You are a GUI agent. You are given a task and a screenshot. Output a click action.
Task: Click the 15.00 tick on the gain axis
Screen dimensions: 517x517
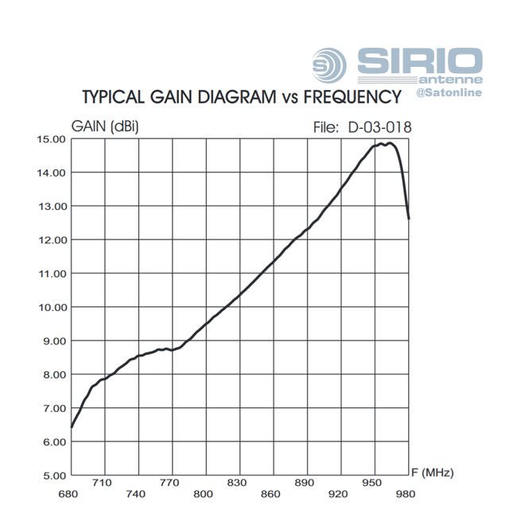pyautogui.click(x=51, y=139)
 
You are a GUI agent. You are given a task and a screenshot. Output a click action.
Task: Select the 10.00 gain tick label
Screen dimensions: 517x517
pyautogui.click(x=51, y=307)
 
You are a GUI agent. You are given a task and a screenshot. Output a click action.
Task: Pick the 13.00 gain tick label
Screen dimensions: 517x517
pyautogui.click(x=51, y=206)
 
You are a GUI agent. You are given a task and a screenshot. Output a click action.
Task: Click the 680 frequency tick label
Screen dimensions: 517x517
pyautogui.click(x=69, y=494)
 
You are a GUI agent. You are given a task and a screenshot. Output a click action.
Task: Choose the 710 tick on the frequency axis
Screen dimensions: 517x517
pyautogui.click(x=103, y=482)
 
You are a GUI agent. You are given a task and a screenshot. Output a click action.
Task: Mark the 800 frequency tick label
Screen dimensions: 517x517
pyautogui.click(x=204, y=494)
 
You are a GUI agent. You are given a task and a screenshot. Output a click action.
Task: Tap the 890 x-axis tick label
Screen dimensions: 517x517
pyautogui.click(x=305, y=482)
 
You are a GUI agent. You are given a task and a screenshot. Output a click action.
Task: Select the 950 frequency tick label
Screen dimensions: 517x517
pyautogui.click(x=371, y=482)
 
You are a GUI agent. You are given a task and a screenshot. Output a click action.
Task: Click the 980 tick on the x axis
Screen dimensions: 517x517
pyautogui.click(x=406, y=494)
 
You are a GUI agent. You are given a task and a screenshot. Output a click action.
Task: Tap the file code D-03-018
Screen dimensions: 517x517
pyautogui.click(x=379, y=126)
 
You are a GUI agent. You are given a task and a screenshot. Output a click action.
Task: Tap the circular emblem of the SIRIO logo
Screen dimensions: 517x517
pyautogui.click(x=329, y=63)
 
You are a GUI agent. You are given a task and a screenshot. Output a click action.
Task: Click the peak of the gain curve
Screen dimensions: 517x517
pyautogui.click(x=389, y=143)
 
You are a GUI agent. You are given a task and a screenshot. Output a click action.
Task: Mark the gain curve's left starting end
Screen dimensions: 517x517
pyautogui.click(x=72, y=427)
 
